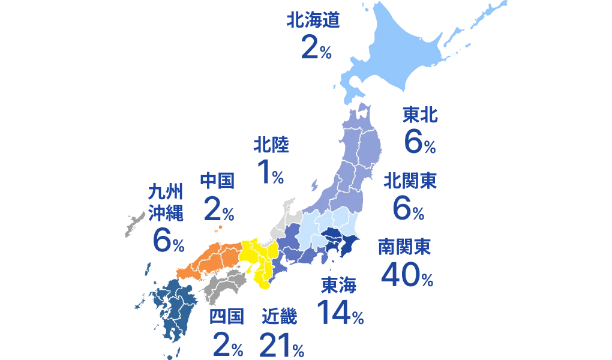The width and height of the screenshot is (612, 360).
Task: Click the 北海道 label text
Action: click(313, 22)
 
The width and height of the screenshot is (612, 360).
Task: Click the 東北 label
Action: click(419, 115)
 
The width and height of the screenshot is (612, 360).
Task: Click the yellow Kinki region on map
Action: click(258, 261)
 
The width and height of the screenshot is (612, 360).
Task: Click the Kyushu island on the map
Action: click(171, 306)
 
